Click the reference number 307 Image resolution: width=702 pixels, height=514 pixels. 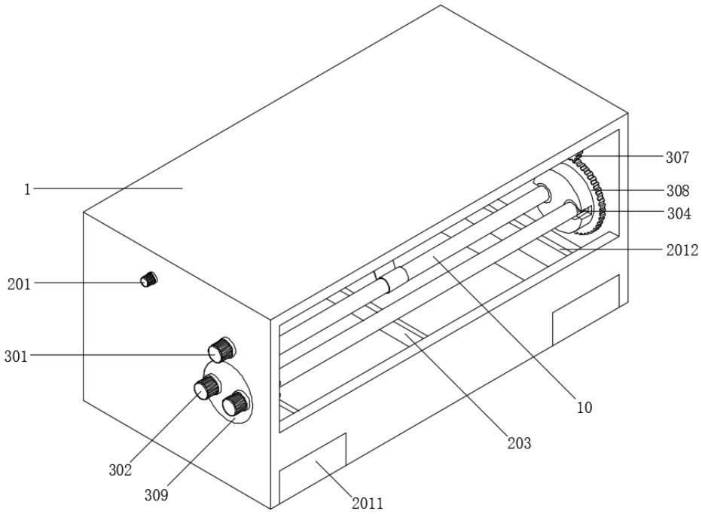(677, 157)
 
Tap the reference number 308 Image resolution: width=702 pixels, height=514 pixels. (677, 191)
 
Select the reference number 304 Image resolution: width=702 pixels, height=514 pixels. (679, 214)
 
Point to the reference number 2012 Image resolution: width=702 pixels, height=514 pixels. (682, 250)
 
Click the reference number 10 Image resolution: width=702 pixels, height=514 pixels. (584, 407)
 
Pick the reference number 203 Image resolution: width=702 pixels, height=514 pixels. (519, 443)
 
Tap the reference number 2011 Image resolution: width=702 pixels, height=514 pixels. (367, 503)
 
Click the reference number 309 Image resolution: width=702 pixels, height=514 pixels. (156, 495)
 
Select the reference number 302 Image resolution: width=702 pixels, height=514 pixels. (121, 470)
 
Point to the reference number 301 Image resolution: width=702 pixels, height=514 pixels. (17, 356)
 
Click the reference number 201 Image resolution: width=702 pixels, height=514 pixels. (20, 283)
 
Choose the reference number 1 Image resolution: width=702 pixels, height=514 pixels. (27, 190)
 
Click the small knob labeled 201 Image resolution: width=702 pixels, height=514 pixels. (148, 279)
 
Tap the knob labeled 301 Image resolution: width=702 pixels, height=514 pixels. (221, 349)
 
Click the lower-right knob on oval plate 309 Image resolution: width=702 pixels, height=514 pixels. (235, 402)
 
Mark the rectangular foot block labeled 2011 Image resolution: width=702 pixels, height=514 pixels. (313, 467)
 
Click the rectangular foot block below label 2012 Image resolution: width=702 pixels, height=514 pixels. (586, 310)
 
